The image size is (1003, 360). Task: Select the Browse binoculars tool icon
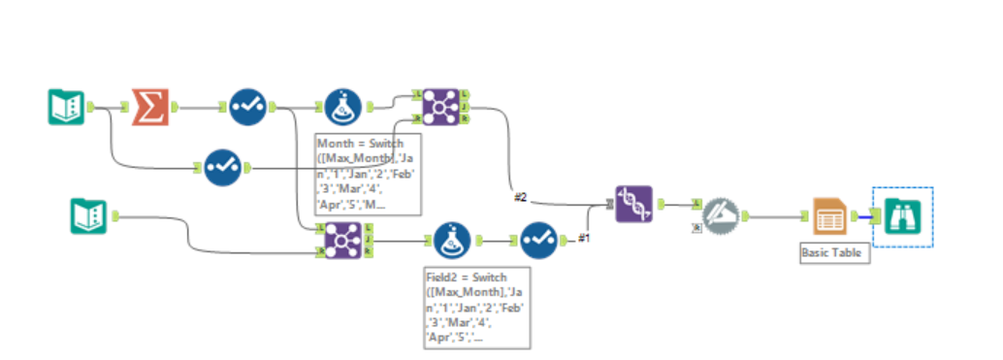point(902,216)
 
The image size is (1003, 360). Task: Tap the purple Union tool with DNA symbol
point(633,204)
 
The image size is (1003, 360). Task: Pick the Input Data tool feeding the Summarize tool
point(67,106)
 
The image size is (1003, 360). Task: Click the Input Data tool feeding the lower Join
point(88,215)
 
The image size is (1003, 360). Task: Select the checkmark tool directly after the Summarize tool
point(246,106)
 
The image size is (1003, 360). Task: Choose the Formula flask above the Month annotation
point(340,106)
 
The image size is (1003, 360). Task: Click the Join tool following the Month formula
point(439,106)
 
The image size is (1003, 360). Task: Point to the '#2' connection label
point(521,197)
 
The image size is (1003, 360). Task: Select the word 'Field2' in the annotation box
point(444,277)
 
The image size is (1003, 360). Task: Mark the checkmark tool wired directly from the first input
point(221,167)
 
